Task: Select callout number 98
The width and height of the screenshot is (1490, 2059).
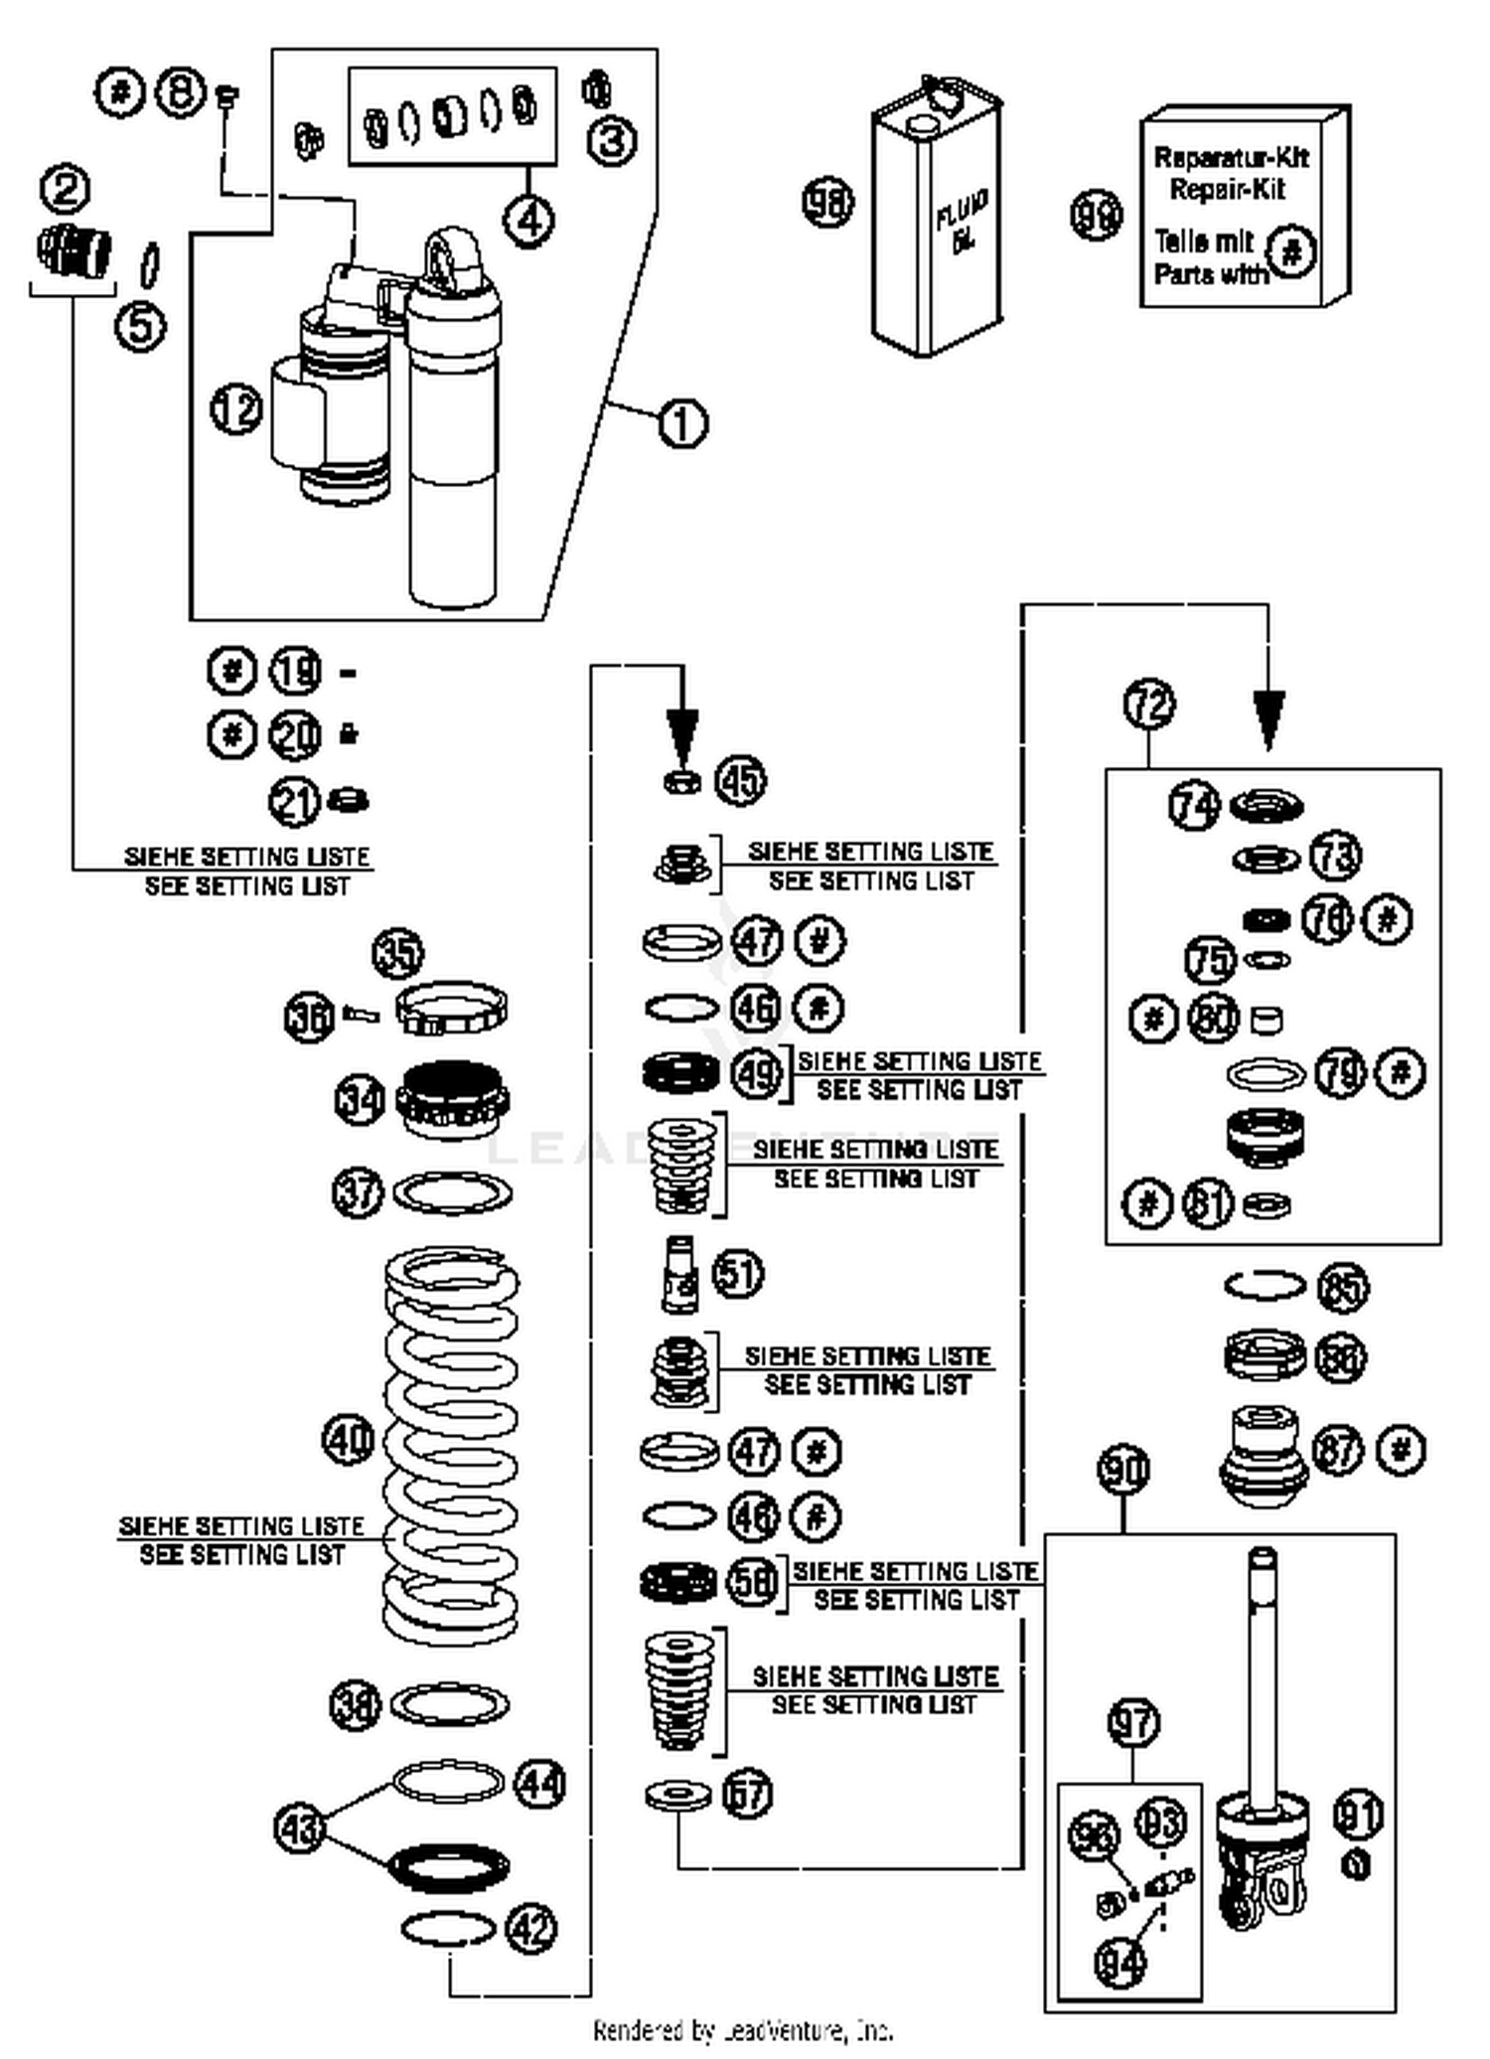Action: pyautogui.click(x=826, y=202)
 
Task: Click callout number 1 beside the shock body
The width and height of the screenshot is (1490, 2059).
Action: pyautogui.click(x=682, y=424)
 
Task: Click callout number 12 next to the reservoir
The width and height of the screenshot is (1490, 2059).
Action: pyautogui.click(x=236, y=408)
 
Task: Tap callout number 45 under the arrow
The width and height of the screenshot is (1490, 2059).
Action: pyautogui.click(x=741, y=781)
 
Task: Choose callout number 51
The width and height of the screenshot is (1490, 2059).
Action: pyautogui.click(x=738, y=1274)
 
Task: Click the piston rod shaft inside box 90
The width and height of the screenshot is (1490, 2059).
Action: pyautogui.click(x=1262, y=1679)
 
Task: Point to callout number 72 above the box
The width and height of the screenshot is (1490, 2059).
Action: pyautogui.click(x=1149, y=705)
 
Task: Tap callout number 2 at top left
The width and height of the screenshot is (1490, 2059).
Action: pyautogui.click(x=66, y=189)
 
